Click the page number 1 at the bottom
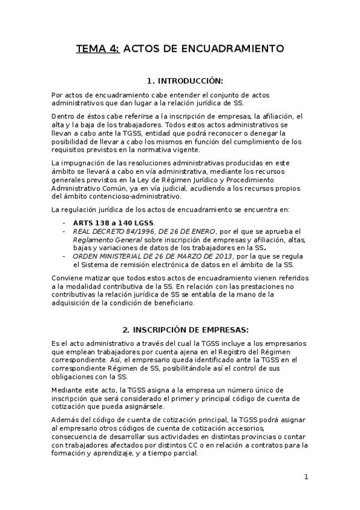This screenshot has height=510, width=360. click(306, 477)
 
